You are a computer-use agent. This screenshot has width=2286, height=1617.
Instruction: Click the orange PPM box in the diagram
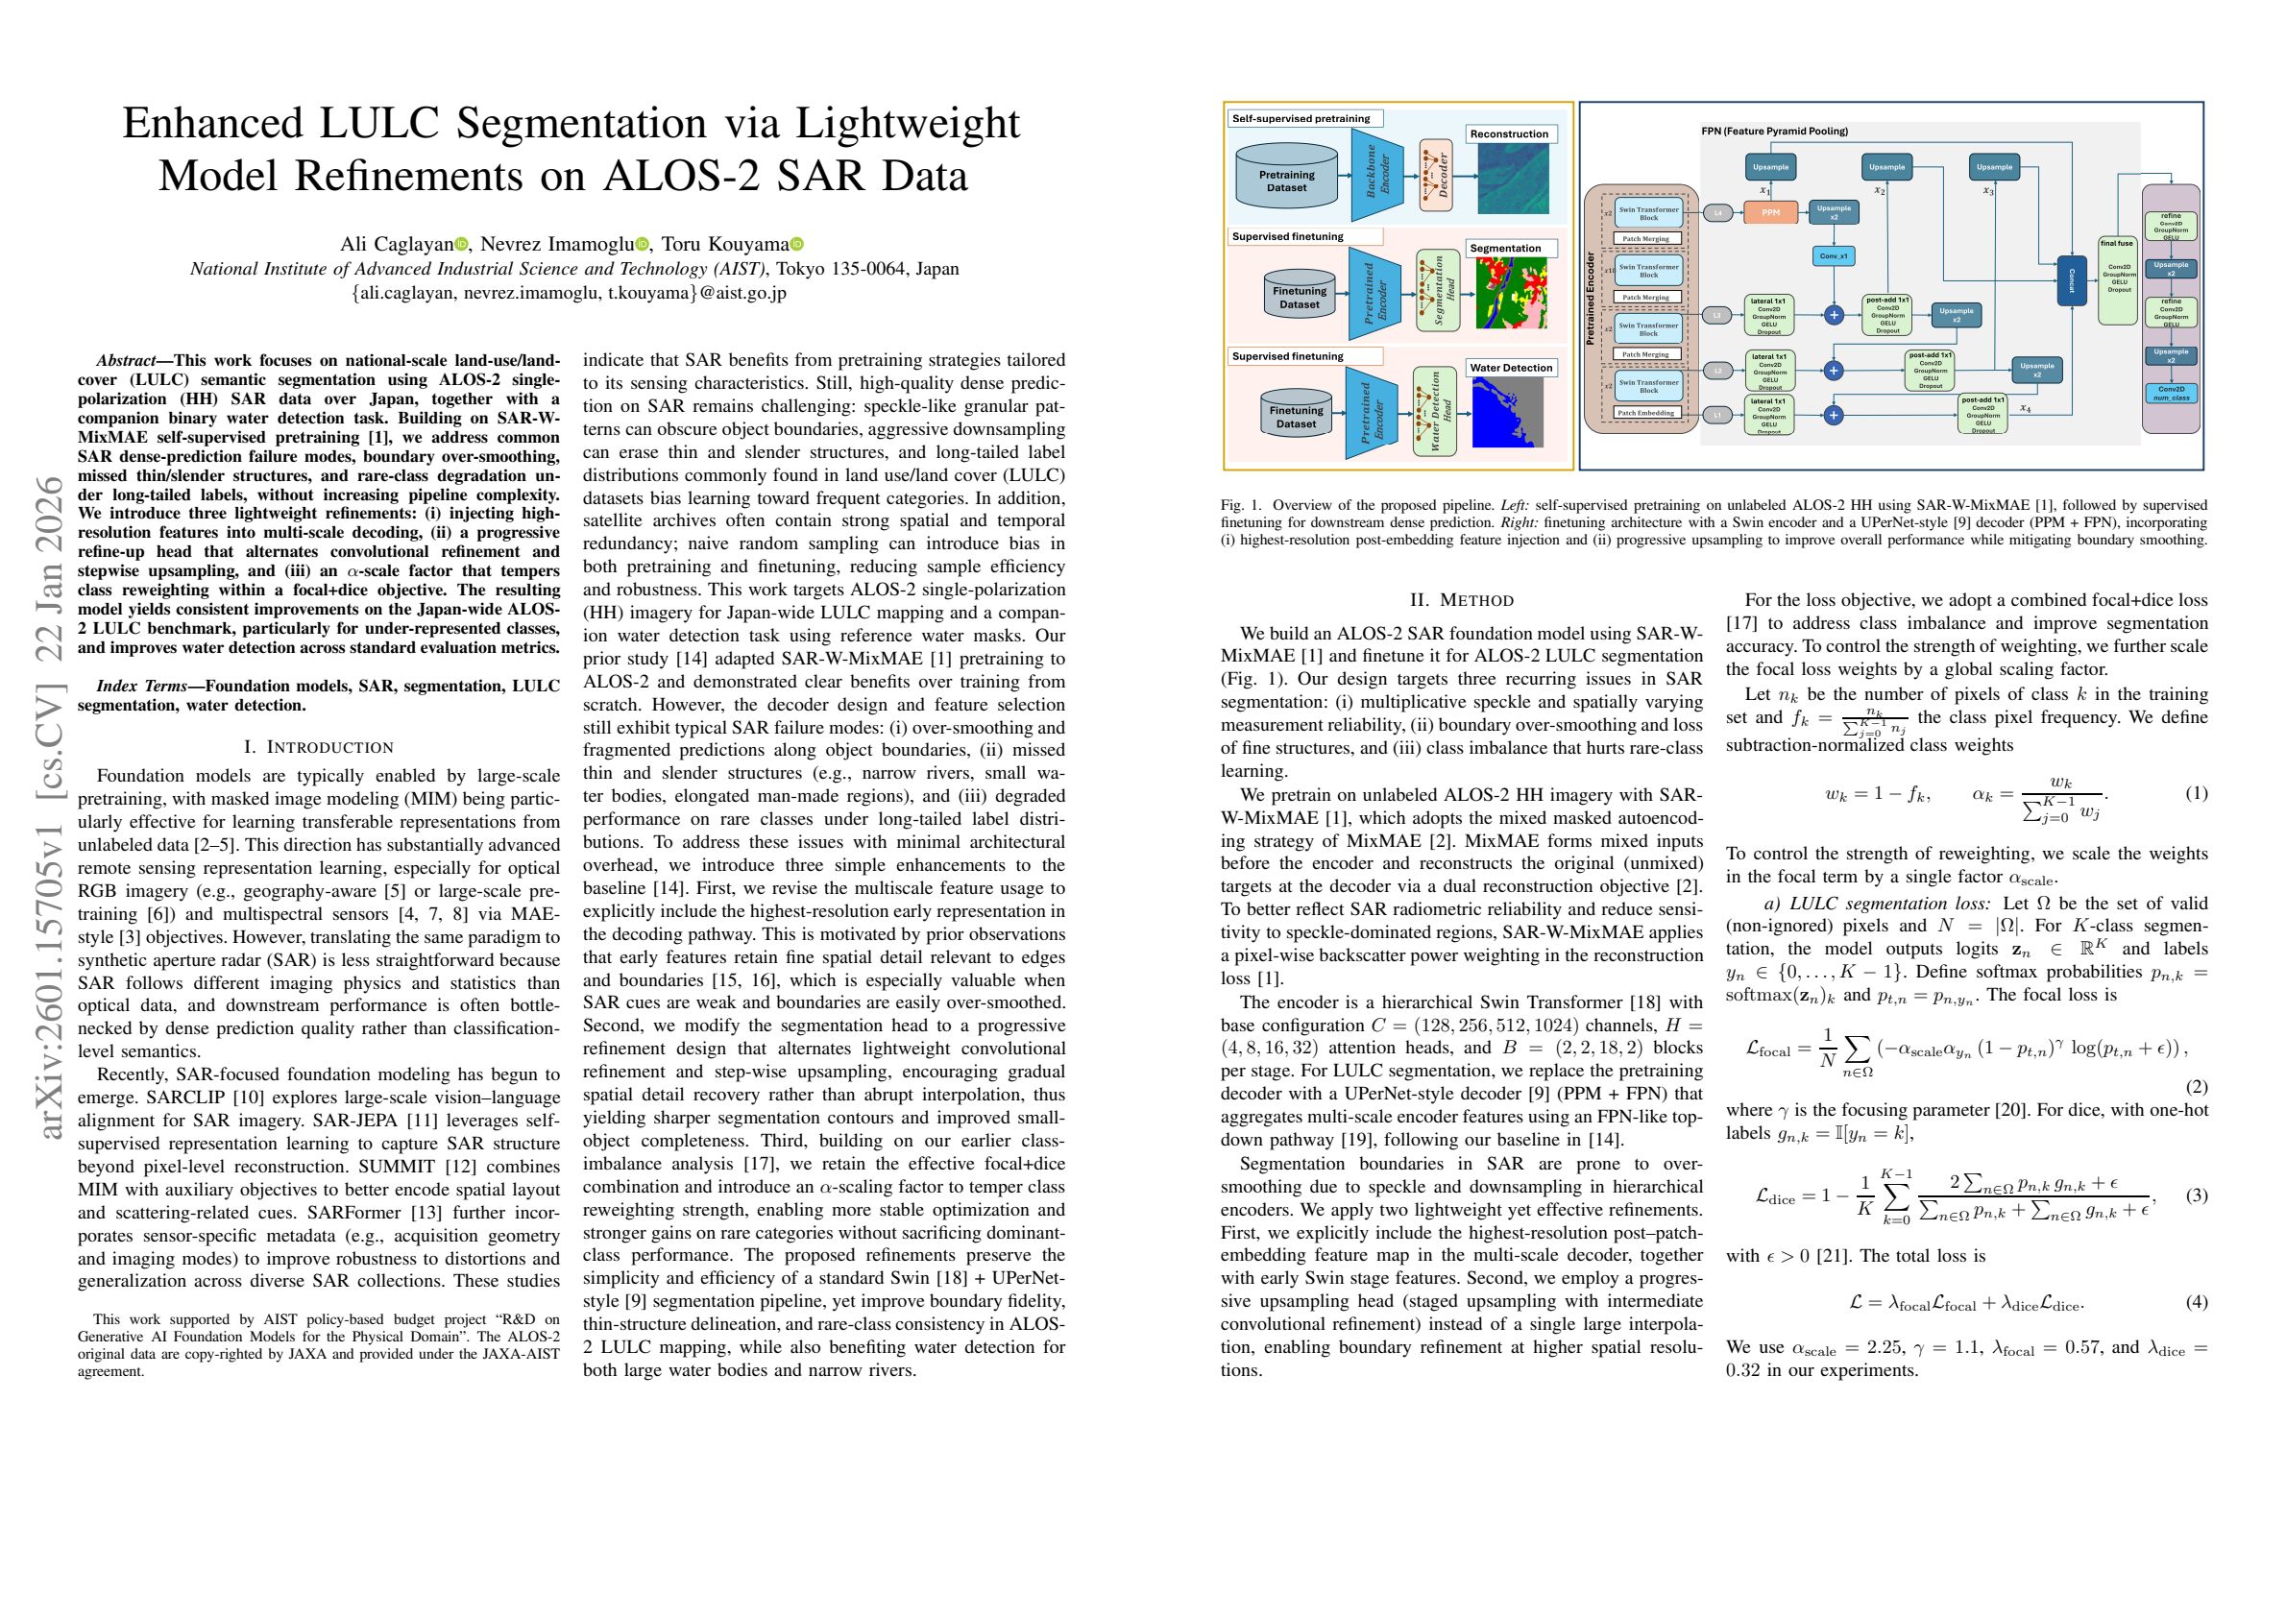pos(1770,212)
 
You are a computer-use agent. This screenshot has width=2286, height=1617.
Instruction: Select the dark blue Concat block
pos(2072,280)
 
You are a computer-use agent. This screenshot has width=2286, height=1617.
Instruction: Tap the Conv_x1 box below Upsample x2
pos(1833,255)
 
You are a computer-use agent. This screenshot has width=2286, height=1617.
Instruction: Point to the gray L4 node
pos(1717,212)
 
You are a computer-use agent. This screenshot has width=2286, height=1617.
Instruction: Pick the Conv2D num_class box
pos(2171,393)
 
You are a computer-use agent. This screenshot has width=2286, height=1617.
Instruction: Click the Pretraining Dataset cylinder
pos(1287,181)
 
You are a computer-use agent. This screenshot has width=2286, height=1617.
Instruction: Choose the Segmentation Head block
pos(1437,289)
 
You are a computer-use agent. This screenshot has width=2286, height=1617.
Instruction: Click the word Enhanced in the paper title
pos(212,124)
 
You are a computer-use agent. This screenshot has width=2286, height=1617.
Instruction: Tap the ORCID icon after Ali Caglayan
pos(461,245)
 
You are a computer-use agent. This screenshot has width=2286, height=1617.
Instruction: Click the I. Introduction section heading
pos(319,747)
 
